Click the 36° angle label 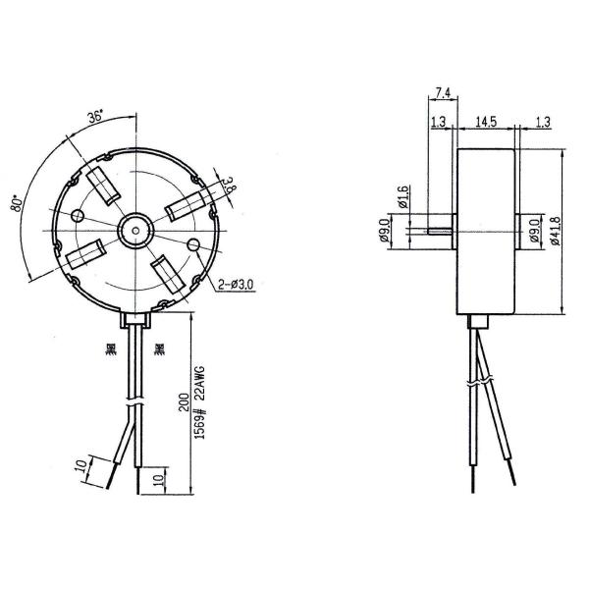94,115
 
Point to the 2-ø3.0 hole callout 236,285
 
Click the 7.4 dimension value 441,93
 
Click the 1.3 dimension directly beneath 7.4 438,121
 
